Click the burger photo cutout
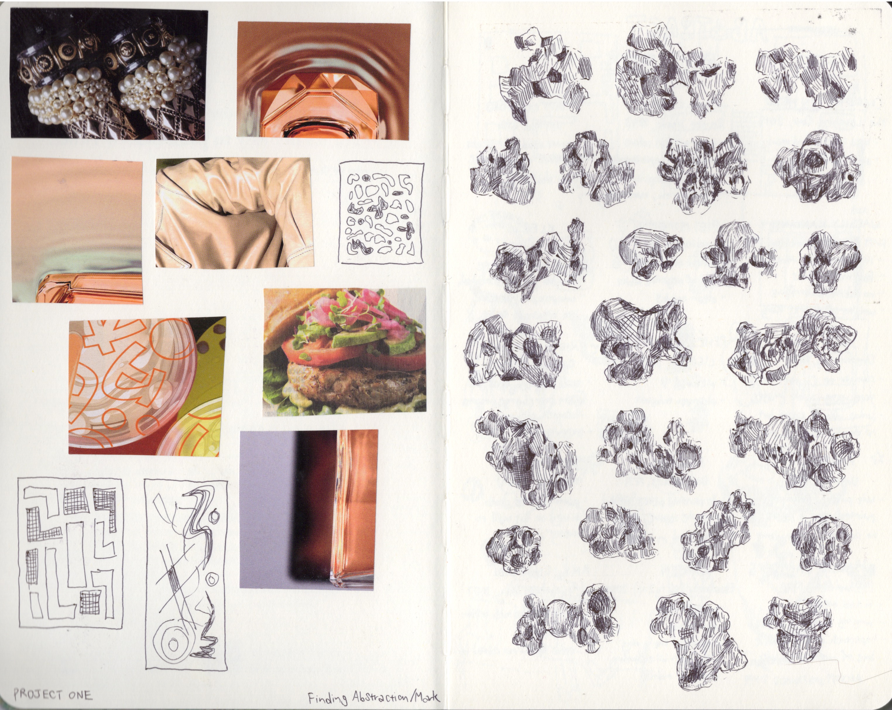pyautogui.click(x=345, y=352)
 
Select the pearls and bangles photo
pyautogui.click(x=109, y=74)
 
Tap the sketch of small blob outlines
pyautogui.click(x=381, y=213)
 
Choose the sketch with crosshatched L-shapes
pyautogui.click(x=70, y=554)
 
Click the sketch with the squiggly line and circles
pyautogui.click(x=186, y=574)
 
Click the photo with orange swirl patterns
pyautogui.click(x=147, y=386)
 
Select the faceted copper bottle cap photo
pyautogui.click(x=324, y=80)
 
